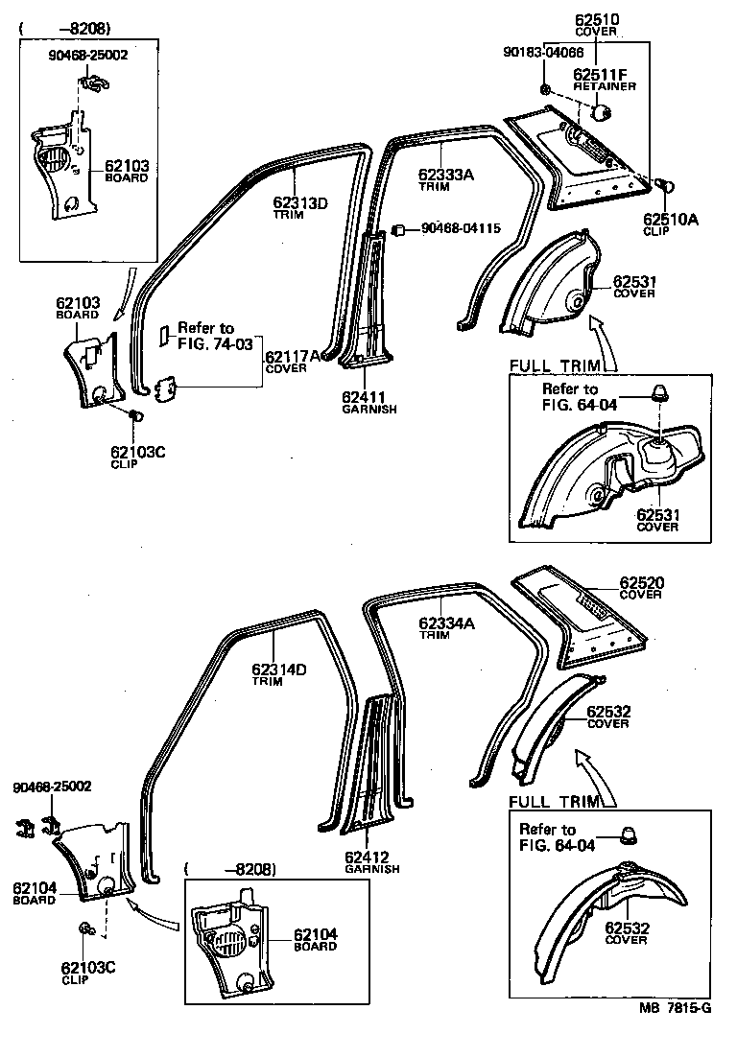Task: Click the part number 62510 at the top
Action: [596, 18]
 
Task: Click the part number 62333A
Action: [446, 175]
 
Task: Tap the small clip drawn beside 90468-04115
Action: [400, 230]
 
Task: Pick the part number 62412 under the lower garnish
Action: [370, 857]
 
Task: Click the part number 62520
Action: [641, 582]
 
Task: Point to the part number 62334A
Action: [446, 622]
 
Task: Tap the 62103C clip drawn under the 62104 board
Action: [85, 928]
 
